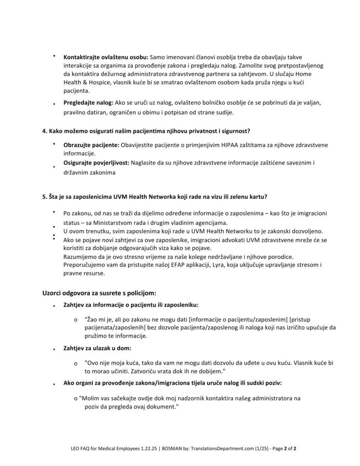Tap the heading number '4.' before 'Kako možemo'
(45, 131)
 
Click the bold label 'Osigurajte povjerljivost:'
(96, 162)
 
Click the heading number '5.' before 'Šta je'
(45, 197)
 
